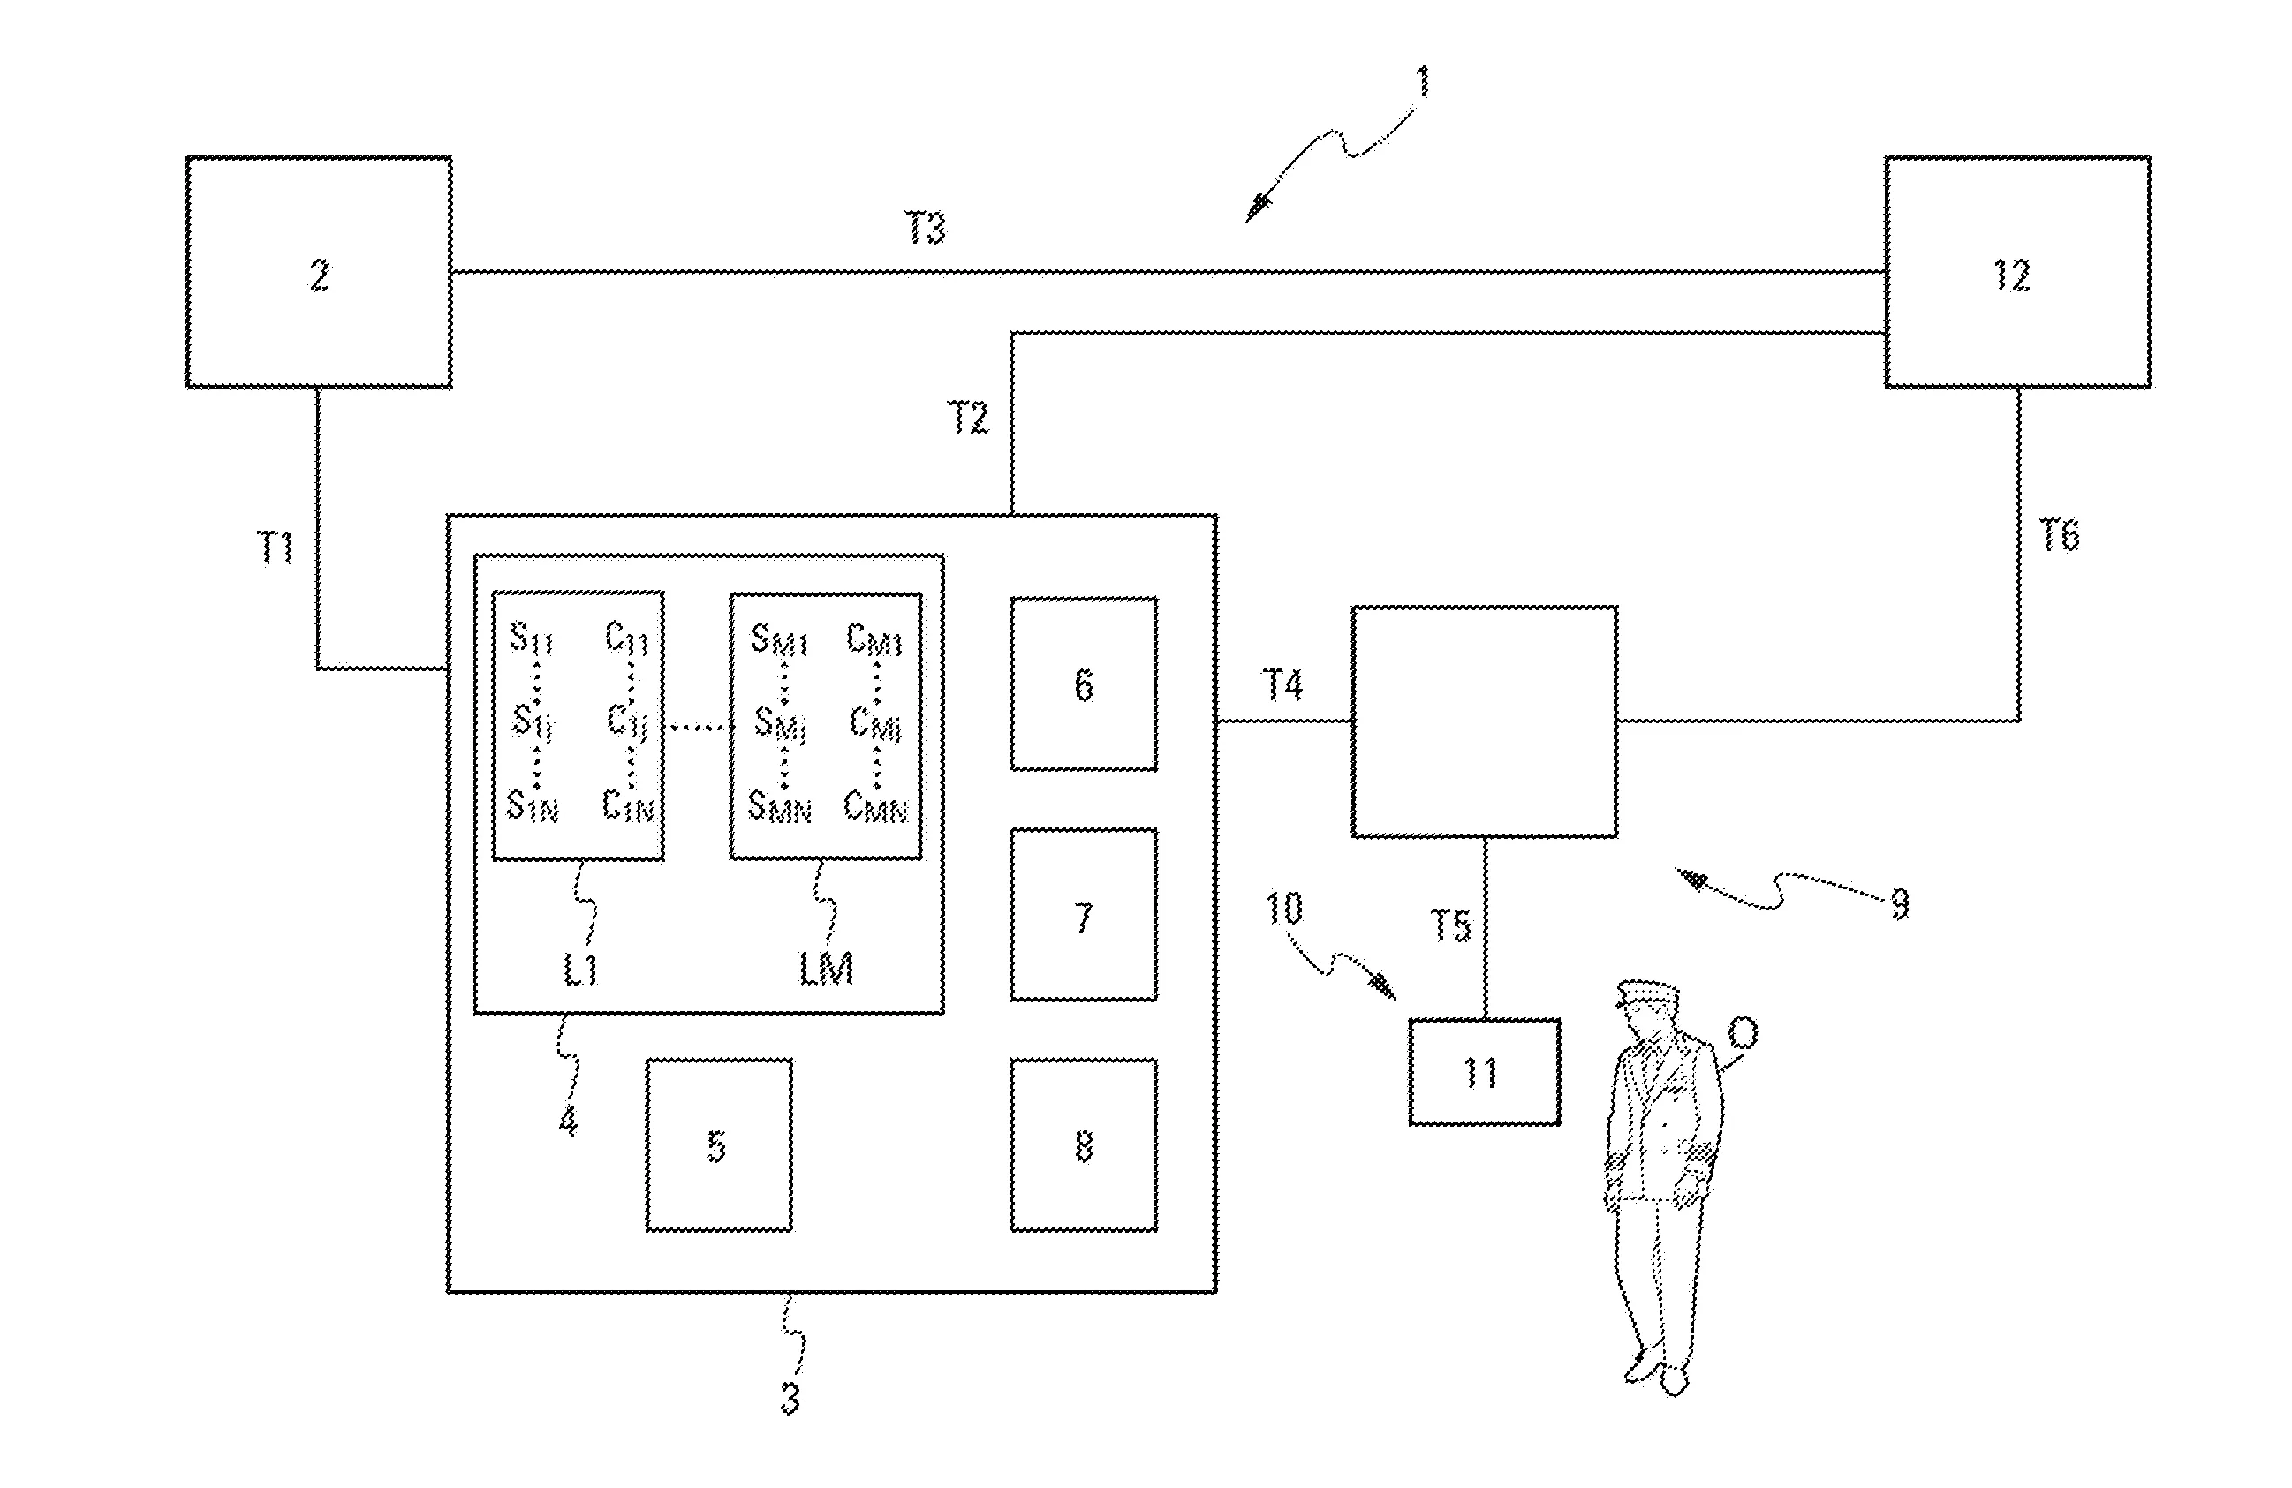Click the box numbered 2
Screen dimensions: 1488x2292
319,273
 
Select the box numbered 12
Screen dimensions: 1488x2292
2016,273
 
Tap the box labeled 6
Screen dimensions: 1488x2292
1084,684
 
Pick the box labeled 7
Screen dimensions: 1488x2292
1084,915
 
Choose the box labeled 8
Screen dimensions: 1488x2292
1084,1145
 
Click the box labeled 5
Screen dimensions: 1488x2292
718,1145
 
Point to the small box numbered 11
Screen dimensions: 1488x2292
1484,1072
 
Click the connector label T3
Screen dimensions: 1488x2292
926,228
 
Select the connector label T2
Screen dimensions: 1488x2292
968,418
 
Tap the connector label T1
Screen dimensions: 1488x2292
277,548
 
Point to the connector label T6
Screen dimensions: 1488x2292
2059,535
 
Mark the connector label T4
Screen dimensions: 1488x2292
1282,686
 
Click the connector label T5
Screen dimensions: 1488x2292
1450,925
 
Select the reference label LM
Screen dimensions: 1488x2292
827,969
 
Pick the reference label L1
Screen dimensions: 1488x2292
580,971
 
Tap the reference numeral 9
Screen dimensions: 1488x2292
1899,903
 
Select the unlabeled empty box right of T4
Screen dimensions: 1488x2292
1484,721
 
